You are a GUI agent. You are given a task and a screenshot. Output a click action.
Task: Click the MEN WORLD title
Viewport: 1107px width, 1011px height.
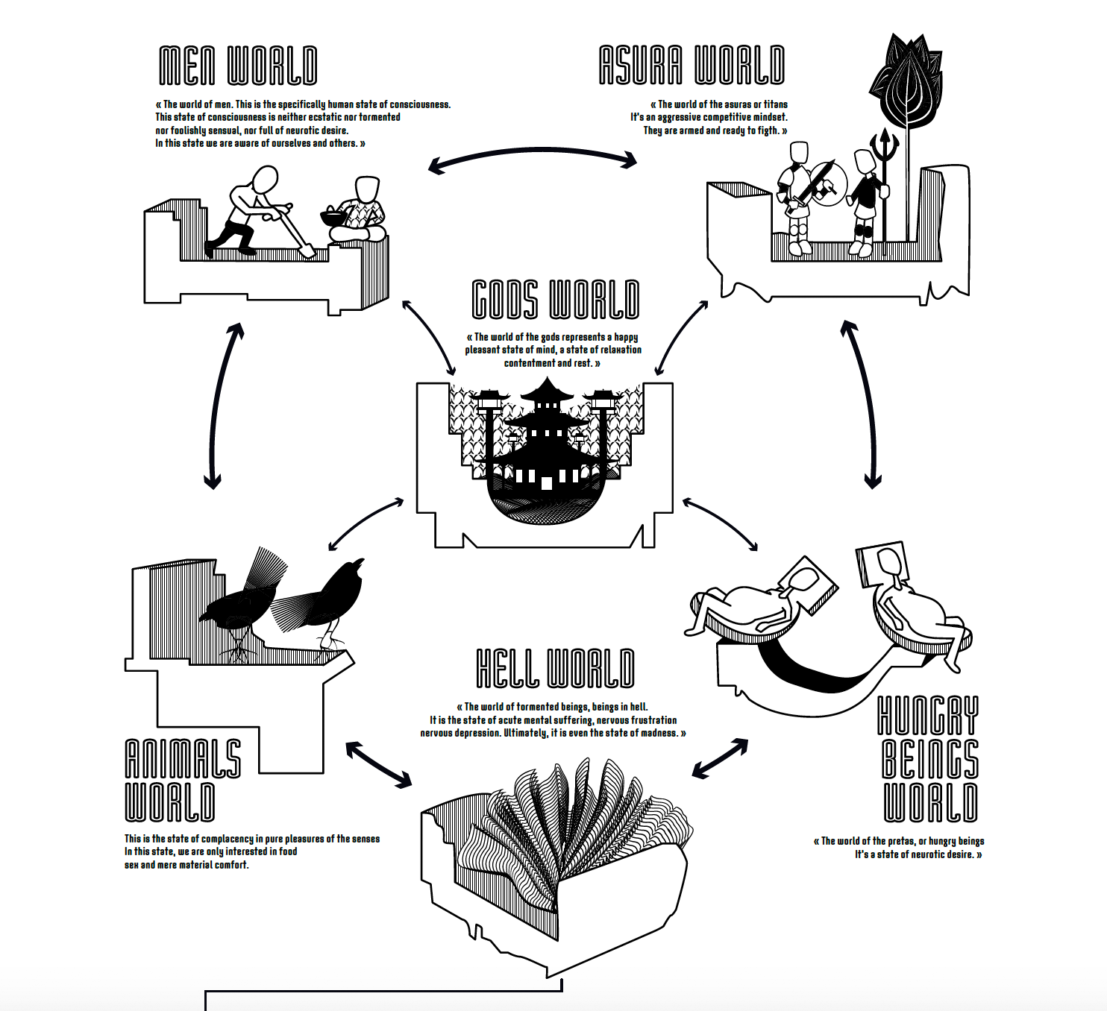click(238, 66)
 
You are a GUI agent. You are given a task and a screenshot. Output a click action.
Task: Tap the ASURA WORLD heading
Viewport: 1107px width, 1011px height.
click(692, 65)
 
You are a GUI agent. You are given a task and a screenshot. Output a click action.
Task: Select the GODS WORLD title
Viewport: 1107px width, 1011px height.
click(556, 300)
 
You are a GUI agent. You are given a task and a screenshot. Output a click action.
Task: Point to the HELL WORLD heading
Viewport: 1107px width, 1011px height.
click(555, 668)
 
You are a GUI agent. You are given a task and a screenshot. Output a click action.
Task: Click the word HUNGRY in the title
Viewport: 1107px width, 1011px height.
click(928, 716)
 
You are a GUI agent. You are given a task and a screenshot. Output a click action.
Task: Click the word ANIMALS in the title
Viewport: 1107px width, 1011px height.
click(183, 759)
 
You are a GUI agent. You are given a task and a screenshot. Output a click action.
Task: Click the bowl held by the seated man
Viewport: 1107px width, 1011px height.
click(332, 218)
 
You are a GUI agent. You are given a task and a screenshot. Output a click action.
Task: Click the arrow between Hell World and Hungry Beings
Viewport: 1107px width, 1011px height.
click(720, 758)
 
